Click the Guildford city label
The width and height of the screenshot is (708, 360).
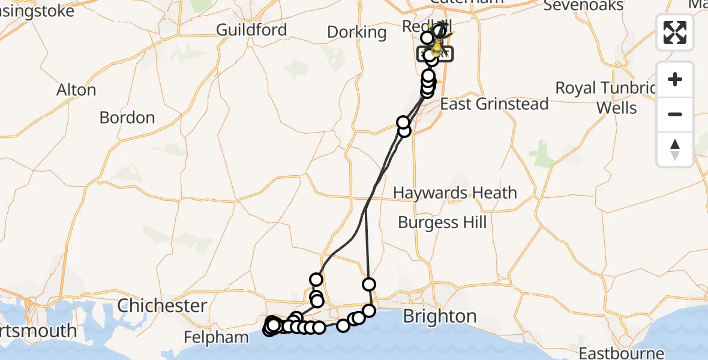click(x=251, y=29)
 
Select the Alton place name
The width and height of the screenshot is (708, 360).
click(x=76, y=90)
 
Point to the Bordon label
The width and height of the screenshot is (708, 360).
click(x=127, y=117)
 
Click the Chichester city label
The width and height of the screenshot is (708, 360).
click(x=162, y=305)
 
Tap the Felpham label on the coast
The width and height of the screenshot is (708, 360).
click(x=217, y=337)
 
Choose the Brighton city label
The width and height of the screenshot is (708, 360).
click(x=440, y=316)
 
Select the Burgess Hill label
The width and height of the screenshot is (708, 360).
click(x=442, y=223)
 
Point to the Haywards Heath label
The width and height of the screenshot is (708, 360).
click(x=455, y=193)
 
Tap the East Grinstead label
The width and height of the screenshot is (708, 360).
click(x=494, y=104)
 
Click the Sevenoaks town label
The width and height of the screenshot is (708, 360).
click(x=583, y=5)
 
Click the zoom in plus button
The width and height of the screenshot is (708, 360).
click(x=675, y=79)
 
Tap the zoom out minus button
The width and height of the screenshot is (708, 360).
click(x=675, y=114)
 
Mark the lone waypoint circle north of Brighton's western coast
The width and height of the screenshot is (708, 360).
click(x=368, y=284)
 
